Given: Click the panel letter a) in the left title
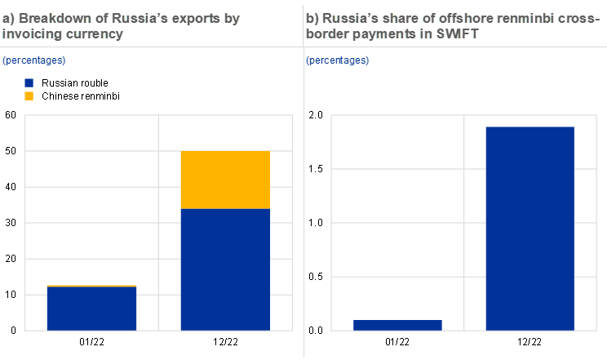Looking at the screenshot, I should [9, 18].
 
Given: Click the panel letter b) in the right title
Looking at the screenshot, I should [312, 18].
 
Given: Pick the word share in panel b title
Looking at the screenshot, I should [397, 18].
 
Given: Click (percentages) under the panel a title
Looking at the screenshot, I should [33, 60].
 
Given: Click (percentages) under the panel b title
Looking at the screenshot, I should [337, 60].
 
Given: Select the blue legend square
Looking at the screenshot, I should [29, 83].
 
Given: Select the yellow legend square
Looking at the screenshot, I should [29, 96].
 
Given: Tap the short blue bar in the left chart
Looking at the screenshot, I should [91, 309].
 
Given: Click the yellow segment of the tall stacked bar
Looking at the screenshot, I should [225, 180].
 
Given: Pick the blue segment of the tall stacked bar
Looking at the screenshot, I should [225, 269].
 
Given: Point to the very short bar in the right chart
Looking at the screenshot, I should [398, 325].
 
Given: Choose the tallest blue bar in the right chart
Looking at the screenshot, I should [530, 229].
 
